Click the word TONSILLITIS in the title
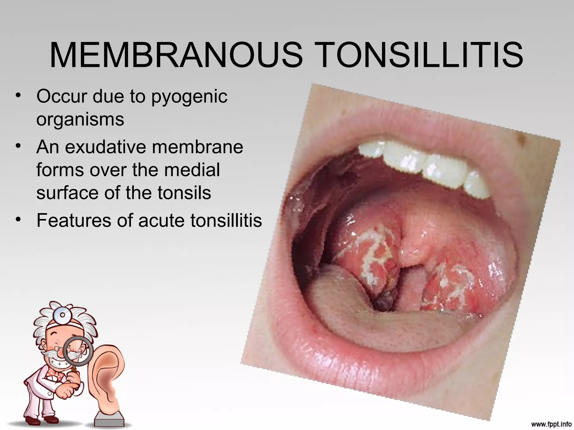coord(420,55)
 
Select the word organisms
coord(80,120)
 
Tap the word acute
coord(162,220)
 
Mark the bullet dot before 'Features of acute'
coord(19,219)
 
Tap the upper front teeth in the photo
coord(426,165)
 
